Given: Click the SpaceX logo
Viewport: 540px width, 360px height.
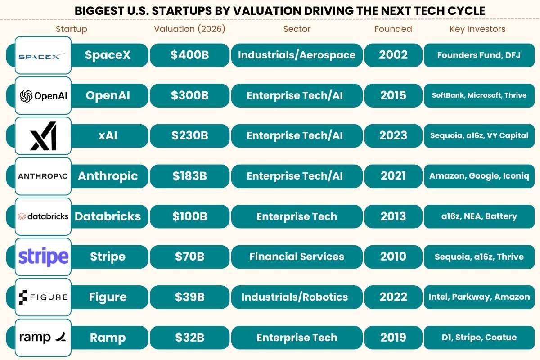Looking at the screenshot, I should [43, 55].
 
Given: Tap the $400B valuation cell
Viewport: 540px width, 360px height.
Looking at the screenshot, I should [189, 55].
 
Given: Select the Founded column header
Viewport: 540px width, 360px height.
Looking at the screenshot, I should [393, 29].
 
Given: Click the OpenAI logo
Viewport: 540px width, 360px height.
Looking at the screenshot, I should [43, 95].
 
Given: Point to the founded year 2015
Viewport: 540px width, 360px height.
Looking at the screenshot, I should [393, 95].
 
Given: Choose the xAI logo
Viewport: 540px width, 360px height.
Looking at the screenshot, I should [43, 136].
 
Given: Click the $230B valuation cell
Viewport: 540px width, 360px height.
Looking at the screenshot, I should [189, 136].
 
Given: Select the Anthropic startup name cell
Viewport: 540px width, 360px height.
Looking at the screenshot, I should [108, 176].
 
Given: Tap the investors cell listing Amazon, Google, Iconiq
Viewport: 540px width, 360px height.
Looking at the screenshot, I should [479, 176].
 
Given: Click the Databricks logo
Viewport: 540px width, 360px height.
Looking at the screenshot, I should [43, 216].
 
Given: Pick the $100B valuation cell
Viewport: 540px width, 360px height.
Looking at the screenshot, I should [189, 216].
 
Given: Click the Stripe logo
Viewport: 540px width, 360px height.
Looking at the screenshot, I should [43, 257].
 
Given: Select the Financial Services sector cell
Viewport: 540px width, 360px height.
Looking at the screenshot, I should [297, 257].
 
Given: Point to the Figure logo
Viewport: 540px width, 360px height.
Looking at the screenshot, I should [43, 297].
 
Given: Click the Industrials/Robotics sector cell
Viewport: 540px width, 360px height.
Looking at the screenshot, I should [297, 297].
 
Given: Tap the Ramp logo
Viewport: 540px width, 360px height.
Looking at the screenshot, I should [43, 337].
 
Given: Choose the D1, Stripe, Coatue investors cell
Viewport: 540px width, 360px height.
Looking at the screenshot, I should [479, 337].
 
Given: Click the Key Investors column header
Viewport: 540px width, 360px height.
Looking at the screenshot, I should [477, 29].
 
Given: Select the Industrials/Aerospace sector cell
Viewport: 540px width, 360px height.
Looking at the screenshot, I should [297, 55].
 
